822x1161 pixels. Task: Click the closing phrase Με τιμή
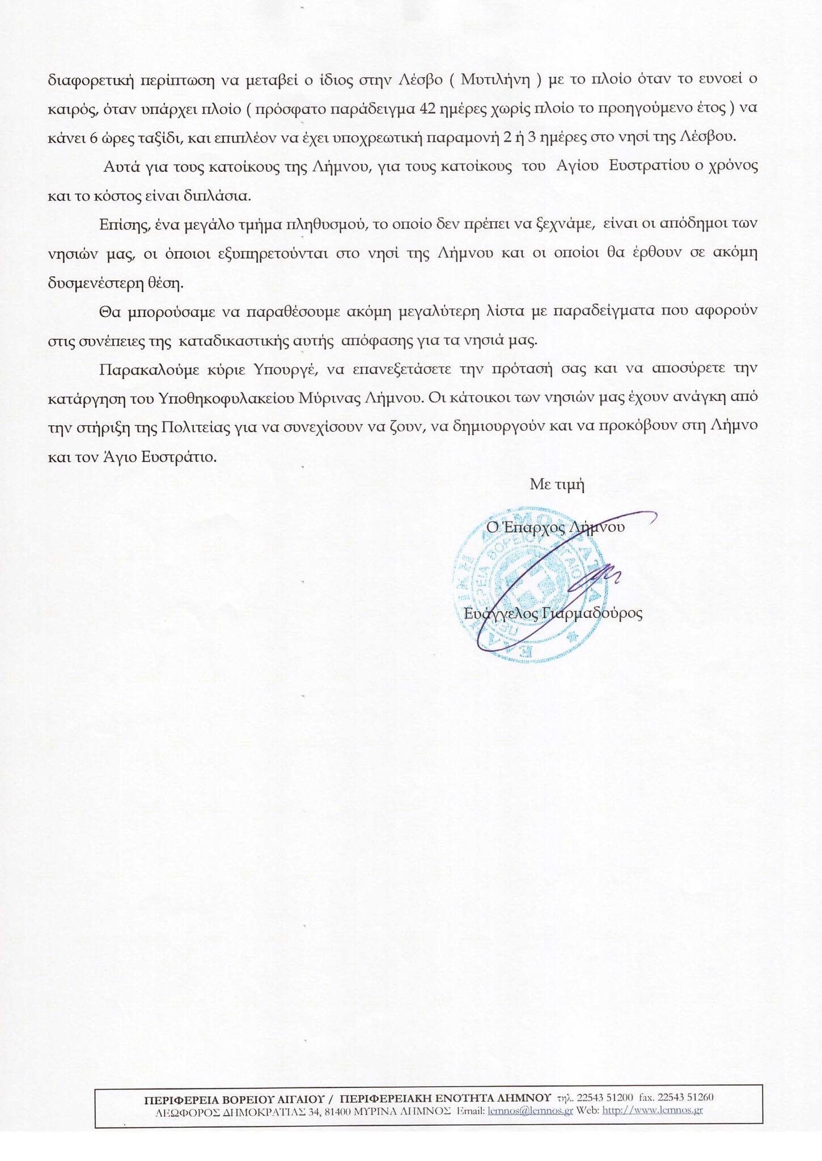pos(557,485)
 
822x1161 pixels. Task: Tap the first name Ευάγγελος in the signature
pos(489,614)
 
